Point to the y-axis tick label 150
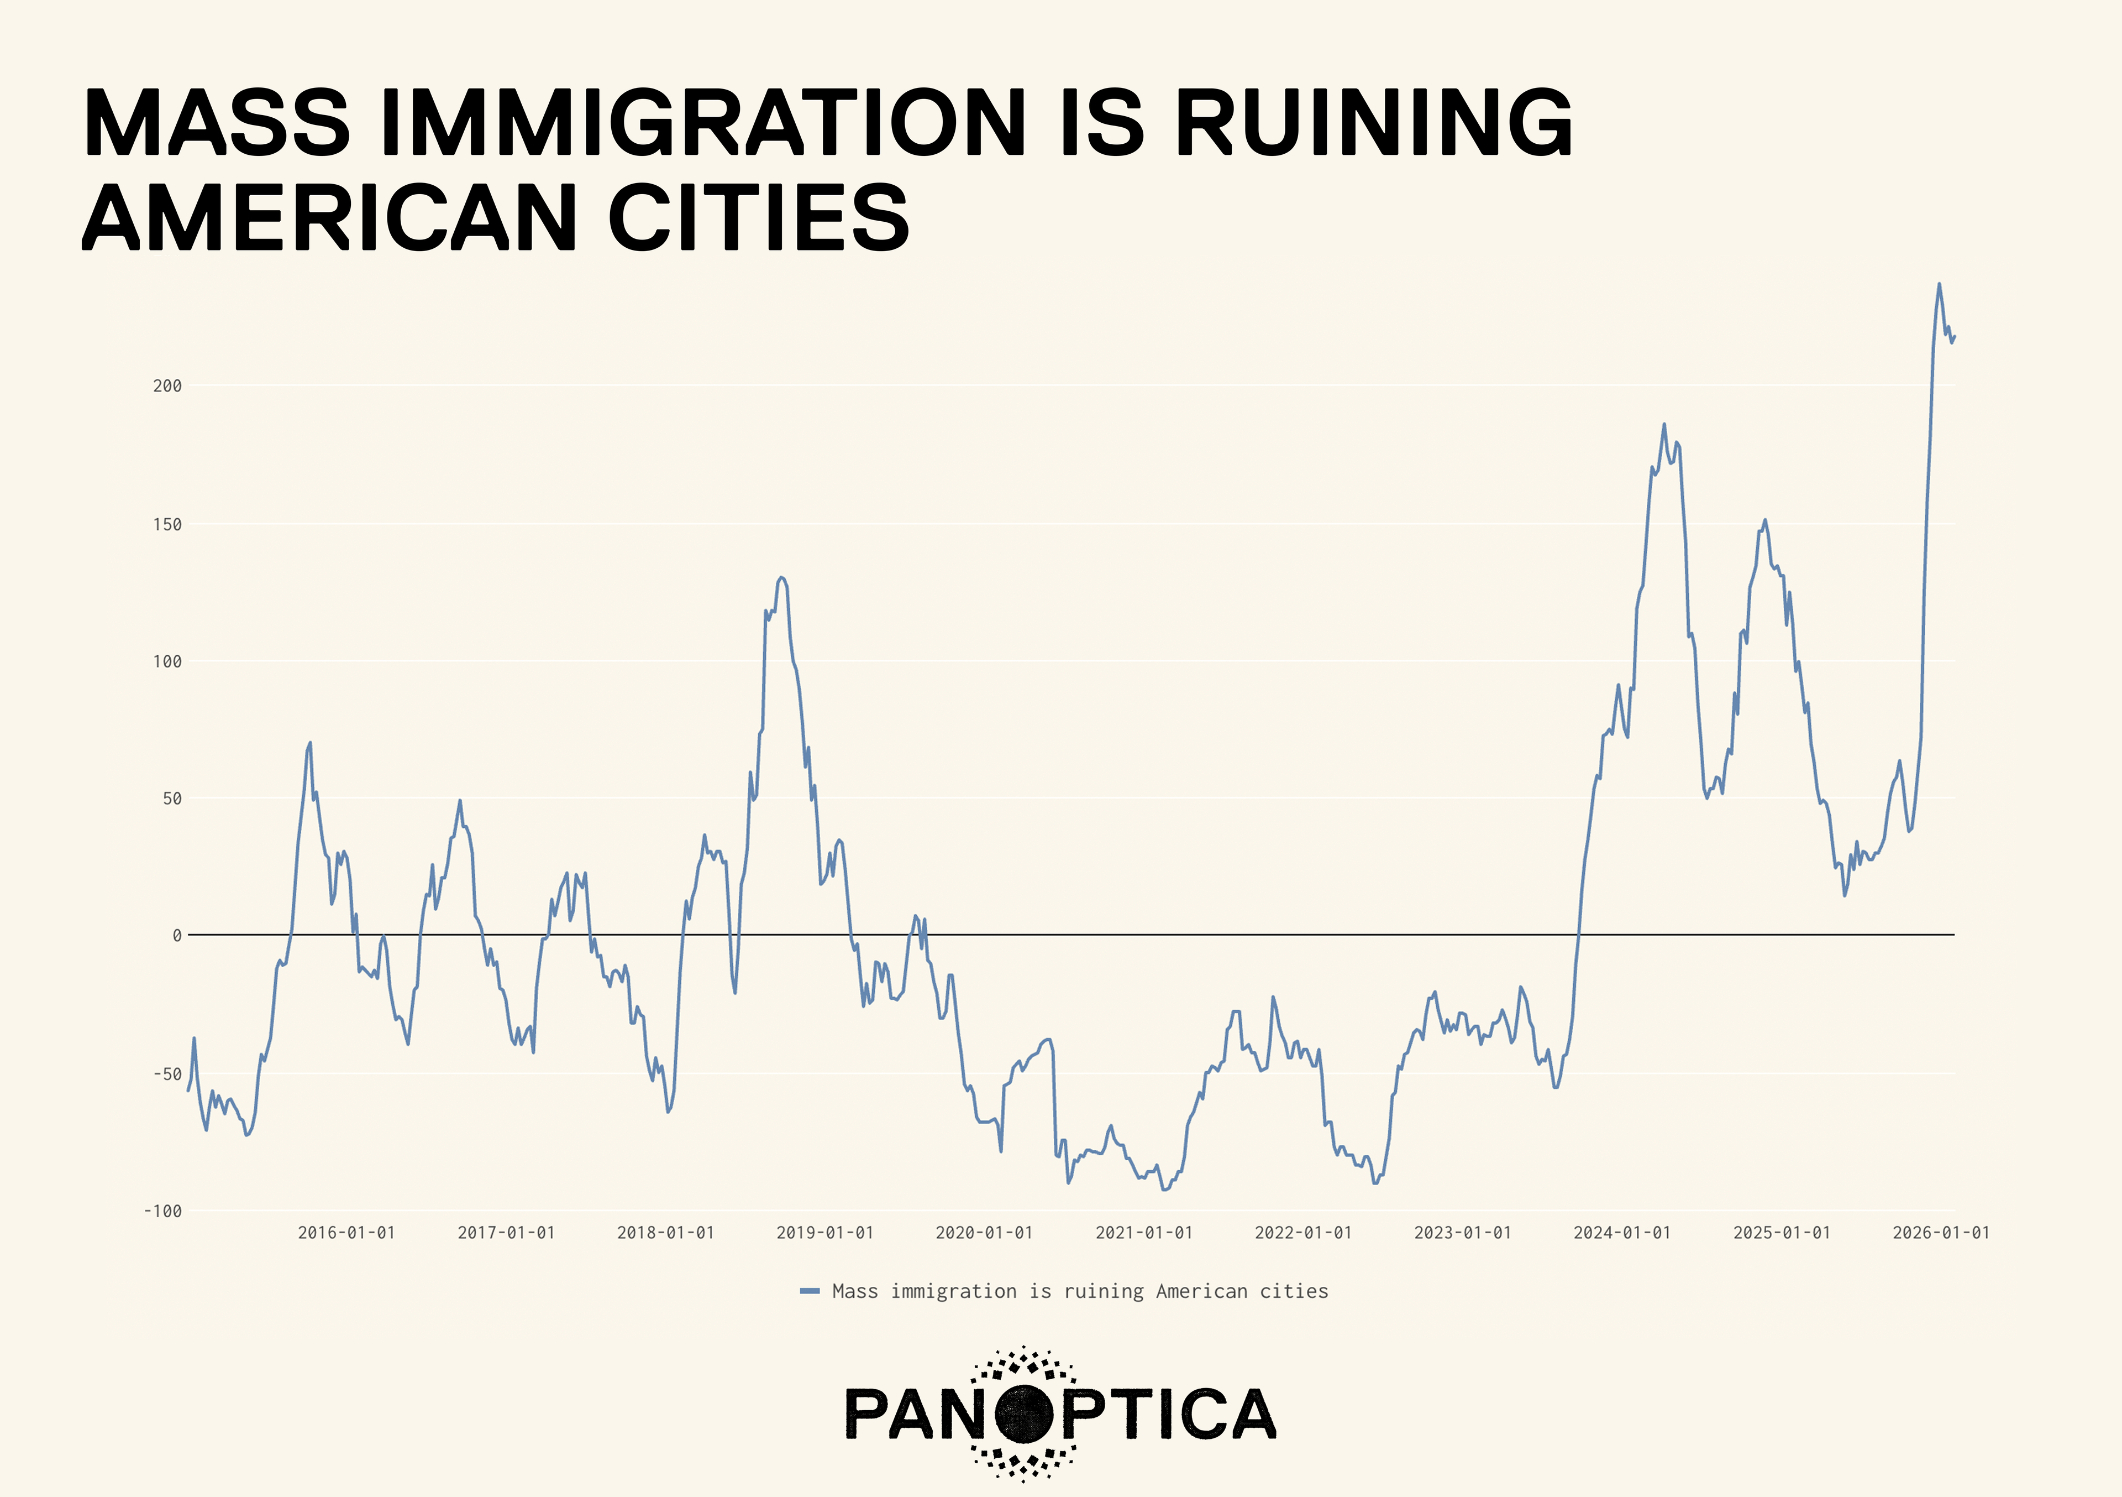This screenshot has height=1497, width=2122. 167,524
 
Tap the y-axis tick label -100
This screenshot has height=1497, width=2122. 162,1211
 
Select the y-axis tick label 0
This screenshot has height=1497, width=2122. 176,936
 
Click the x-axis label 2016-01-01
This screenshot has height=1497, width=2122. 346,1233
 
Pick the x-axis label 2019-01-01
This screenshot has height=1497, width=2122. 824,1233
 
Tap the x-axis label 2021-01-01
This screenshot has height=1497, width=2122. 1143,1233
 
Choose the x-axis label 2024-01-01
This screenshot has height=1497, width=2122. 1622,1233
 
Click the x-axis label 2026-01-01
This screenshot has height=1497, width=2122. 1941,1233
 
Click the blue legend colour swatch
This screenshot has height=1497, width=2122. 810,1291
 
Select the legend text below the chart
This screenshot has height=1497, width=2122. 1079,1291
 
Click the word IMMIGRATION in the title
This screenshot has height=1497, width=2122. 702,122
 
